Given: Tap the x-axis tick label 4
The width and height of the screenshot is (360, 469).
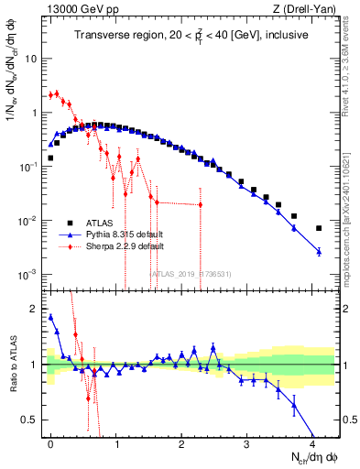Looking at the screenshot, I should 312,443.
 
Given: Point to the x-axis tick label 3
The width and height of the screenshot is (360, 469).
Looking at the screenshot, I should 246,443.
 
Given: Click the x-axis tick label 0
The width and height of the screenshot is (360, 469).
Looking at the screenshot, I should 50,443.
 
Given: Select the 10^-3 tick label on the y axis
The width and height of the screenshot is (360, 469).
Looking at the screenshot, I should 27,275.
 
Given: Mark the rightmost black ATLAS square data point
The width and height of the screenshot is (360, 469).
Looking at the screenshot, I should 319,228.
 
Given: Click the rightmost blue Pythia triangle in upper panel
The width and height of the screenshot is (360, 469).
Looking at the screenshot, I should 319,251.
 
